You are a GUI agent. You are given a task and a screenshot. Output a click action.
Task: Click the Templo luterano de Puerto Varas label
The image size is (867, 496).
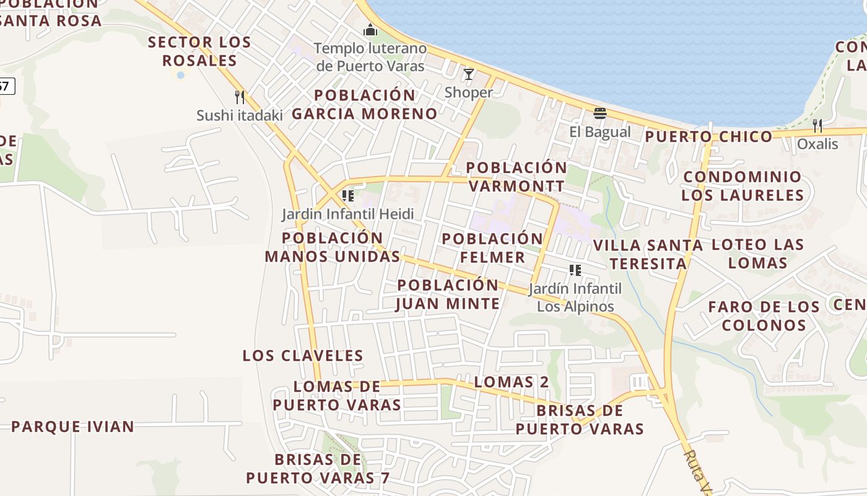click(x=370, y=57)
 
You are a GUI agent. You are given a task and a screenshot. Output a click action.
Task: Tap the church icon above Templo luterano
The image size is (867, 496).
click(x=370, y=30)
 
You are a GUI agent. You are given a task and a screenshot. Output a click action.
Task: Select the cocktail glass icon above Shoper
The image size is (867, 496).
click(x=469, y=74)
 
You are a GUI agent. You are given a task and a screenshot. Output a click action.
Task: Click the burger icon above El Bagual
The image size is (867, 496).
click(x=599, y=113)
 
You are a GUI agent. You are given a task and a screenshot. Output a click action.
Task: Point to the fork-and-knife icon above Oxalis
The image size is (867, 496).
click(x=817, y=126)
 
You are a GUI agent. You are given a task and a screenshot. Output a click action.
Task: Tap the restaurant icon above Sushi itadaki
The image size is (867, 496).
click(x=240, y=97)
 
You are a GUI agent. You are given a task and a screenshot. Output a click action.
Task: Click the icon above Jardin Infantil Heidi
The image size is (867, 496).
click(x=348, y=196)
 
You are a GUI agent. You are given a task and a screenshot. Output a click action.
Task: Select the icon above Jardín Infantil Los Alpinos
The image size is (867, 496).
click(x=575, y=270)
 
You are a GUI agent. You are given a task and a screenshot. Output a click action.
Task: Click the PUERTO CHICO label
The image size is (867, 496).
click(x=709, y=136)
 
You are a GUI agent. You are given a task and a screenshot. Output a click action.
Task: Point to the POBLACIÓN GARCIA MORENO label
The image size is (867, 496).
click(x=365, y=104)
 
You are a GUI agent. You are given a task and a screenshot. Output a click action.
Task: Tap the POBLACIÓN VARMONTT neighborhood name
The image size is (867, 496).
click(x=516, y=177)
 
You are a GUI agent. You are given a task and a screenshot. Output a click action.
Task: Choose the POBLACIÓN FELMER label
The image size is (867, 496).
click(x=492, y=248)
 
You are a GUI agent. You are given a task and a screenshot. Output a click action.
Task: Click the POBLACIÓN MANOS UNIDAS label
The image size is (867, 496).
click(x=333, y=247)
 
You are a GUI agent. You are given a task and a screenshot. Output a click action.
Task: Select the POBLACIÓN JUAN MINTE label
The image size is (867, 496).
click(x=448, y=294)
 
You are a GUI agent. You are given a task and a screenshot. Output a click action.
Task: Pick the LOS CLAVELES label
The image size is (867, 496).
click(x=303, y=355)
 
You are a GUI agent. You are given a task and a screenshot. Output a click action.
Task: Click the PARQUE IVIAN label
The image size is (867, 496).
click(x=72, y=427)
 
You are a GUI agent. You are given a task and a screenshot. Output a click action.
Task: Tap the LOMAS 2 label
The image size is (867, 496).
click(x=512, y=382)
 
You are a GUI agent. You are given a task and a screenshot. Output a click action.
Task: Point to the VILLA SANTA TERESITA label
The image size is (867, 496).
click(x=648, y=254)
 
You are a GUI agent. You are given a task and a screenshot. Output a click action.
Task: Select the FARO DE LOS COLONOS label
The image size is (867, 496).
click(x=764, y=316)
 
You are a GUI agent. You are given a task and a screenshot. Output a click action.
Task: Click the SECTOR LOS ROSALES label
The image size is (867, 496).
click(x=199, y=51)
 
